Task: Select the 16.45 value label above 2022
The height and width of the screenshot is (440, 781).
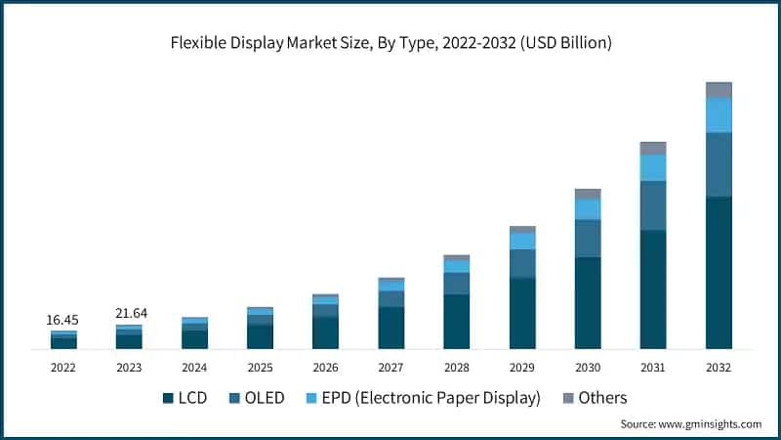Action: click(x=63, y=320)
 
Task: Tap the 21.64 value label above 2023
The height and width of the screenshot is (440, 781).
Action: click(x=129, y=313)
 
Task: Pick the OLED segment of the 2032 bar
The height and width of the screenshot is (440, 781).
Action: click(x=719, y=164)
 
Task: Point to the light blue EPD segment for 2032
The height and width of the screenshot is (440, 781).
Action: click(x=719, y=114)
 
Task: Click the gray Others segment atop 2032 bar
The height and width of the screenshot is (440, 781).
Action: click(x=719, y=90)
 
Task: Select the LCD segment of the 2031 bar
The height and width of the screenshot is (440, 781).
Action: click(x=653, y=288)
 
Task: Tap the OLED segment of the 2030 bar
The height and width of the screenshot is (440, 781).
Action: click(x=588, y=238)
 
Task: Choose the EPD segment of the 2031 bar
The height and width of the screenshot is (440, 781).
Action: click(x=653, y=167)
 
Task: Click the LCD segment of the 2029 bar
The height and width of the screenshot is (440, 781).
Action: click(x=522, y=313)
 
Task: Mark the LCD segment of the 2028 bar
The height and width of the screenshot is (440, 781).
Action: click(x=457, y=321)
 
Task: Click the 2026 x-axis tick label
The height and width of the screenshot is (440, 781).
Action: click(x=325, y=368)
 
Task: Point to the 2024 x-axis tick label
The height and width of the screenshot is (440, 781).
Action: click(x=194, y=368)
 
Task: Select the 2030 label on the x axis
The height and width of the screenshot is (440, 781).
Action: click(x=588, y=368)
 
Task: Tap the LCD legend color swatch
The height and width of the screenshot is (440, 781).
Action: click(x=168, y=398)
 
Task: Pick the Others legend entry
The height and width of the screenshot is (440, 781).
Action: click(x=602, y=398)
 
